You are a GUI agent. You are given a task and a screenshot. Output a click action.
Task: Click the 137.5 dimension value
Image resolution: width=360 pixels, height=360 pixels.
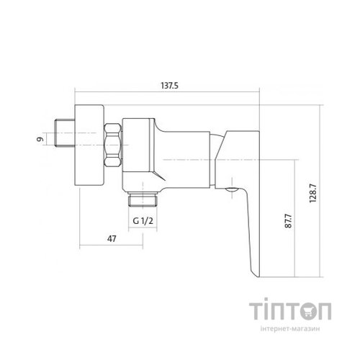pyautogui.click(x=169, y=86)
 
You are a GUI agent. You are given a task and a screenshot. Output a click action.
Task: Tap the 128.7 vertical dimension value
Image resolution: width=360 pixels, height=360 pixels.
pyautogui.click(x=313, y=193)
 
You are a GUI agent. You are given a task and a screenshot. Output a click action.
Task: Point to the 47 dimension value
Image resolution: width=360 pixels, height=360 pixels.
pyautogui.click(x=112, y=239)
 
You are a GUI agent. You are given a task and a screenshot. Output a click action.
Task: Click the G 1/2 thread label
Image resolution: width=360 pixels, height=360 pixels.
pyautogui.click(x=143, y=220)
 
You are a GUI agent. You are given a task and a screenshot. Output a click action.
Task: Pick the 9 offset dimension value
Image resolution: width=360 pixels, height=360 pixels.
pyautogui.click(x=40, y=139)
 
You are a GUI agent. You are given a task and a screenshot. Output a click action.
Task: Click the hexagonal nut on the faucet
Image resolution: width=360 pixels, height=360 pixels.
pyautogui.click(x=113, y=145)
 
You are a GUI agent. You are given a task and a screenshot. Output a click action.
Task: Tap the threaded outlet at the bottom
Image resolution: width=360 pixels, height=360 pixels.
pyautogui.click(x=143, y=199)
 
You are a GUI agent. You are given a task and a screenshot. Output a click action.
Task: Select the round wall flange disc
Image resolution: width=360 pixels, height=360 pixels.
pyautogui.click(x=89, y=145)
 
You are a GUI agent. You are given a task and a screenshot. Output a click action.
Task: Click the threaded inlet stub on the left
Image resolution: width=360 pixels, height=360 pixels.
pyautogui.click(x=65, y=133)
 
